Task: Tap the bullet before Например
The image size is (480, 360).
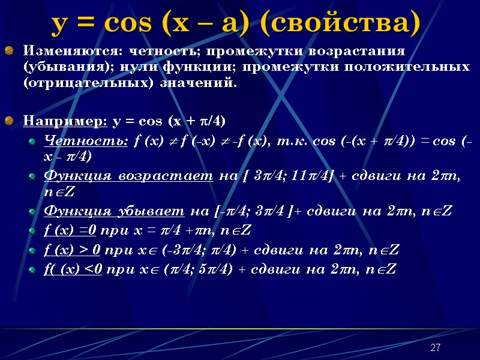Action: (9, 121)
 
